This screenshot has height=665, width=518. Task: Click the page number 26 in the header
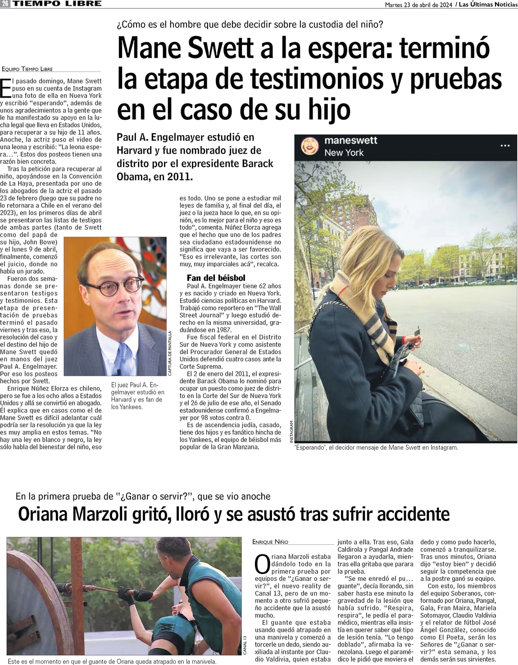(5, 4)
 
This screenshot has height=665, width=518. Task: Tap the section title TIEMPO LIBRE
(57, 4)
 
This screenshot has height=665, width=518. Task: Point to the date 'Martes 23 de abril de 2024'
(418, 5)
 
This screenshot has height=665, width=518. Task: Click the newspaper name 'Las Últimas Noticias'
(488, 5)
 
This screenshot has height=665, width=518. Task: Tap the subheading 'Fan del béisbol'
(216, 278)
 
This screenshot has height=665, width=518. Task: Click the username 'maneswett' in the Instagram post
(351, 140)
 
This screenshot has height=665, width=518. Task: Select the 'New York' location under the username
(344, 153)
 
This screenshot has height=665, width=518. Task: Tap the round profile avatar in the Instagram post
(310, 146)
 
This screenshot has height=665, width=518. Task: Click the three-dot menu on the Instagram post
(505, 146)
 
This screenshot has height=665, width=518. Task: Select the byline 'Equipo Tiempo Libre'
(27, 69)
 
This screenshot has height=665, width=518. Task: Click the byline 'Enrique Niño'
(270, 542)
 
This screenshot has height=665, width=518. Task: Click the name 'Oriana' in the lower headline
(43, 514)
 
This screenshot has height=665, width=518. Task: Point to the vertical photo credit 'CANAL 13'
(245, 645)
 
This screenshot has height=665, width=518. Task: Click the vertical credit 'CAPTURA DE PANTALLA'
(170, 353)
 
